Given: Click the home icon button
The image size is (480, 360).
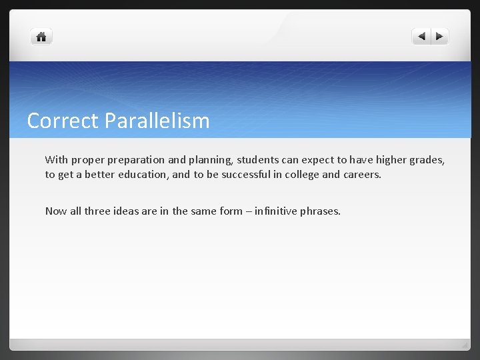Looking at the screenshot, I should click(41, 37).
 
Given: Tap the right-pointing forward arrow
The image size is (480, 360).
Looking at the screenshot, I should click(439, 37).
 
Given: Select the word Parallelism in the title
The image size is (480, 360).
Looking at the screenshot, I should click(156, 121).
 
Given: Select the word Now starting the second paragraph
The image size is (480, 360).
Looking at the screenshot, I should click(56, 211).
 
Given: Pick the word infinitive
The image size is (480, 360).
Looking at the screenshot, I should click(276, 211).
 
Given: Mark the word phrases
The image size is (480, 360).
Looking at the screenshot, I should click(321, 211).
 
